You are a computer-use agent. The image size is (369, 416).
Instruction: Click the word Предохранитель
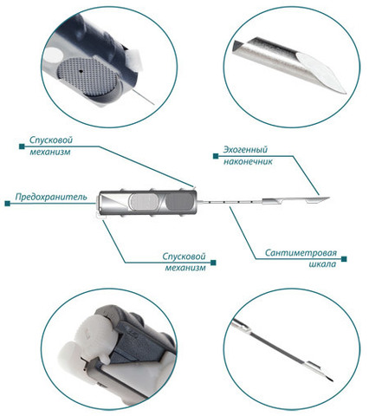click(x=51, y=197)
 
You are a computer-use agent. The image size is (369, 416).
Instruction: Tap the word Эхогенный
click(x=245, y=150)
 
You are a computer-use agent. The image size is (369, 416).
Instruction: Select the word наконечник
click(x=248, y=161)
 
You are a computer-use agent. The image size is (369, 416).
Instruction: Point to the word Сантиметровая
click(x=301, y=253)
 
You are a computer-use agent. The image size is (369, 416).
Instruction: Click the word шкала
click(x=322, y=264)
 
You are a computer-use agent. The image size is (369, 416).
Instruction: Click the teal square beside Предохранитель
click(x=8, y=204)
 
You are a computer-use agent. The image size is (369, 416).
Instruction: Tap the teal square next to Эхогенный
click(x=216, y=156)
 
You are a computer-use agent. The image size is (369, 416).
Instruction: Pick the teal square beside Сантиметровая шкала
click(x=344, y=259)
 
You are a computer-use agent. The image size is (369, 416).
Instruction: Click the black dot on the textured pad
click(x=81, y=71)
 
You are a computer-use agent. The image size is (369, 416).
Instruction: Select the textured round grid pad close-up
click(x=87, y=77)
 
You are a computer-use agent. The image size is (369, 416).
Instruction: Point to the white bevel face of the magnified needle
click(x=321, y=70)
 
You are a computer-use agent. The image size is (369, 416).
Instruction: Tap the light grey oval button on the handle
click(x=144, y=202)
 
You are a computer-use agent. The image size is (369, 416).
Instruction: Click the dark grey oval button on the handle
click(x=178, y=202)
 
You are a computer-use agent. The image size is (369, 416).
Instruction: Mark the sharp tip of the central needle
click(x=329, y=198)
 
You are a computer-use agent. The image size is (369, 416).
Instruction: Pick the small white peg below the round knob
click(x=105, y=359)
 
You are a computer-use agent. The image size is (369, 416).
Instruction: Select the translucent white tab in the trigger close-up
click(x=133, y=61)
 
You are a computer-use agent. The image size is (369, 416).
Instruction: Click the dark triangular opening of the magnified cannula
click(x=239, y=46)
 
